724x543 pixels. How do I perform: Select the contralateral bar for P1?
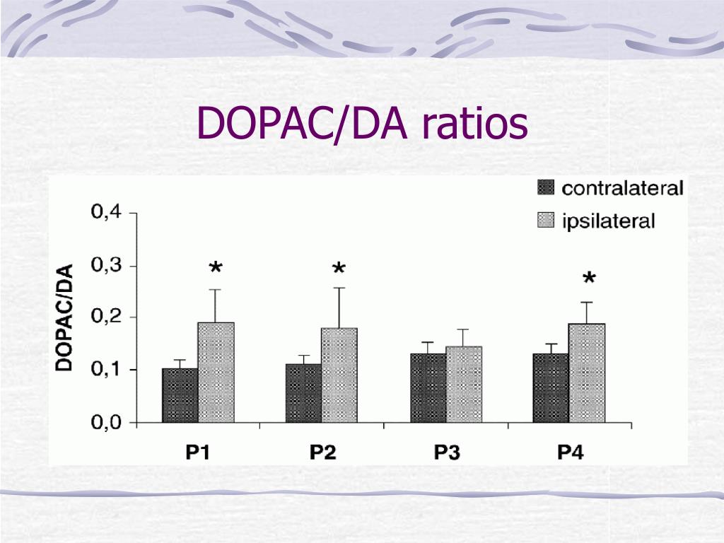point(180,395)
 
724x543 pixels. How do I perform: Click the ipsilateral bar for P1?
point(216,373)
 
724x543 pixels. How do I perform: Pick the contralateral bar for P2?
point(303,393)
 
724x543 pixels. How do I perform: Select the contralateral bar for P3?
point(428,387)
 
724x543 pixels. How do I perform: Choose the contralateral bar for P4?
point(551,387)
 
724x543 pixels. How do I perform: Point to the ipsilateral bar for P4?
point(587,373)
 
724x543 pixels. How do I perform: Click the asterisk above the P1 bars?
point(216,269)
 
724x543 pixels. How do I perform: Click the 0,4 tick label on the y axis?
point(105,212)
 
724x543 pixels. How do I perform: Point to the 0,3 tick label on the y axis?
point(105,266)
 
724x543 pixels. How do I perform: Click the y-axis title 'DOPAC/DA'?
point(64,317)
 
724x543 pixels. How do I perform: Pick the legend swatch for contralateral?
point(545,188)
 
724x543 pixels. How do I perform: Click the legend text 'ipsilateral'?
point(608,221)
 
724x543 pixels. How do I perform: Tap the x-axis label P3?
point(446,452)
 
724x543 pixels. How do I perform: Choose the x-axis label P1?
point(198,452)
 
